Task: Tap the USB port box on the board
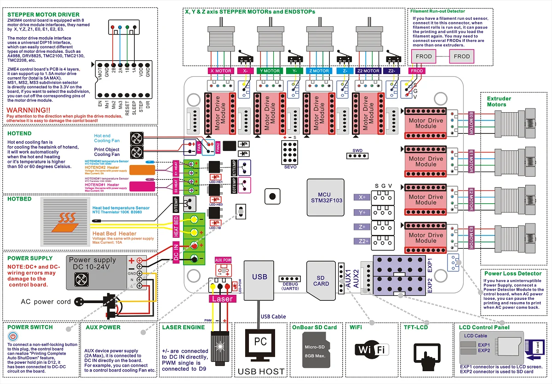[x=259, y=277]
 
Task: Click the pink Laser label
[x=223, y=298]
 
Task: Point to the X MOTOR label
[x=220, y=71]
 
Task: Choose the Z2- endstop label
[x=393, y=71]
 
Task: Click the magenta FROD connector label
[x=417, y=71]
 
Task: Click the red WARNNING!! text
[x=29, y=110]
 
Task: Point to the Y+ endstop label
[x=362, y=212]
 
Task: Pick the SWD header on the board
[x=357, y=155]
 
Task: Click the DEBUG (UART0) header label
[x=289, y=285]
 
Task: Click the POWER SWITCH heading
[x=30, y=327]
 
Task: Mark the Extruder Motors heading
[x=500, y=101]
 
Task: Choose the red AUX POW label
[x=224, y=260]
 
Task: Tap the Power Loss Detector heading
[x=512, y=273]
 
